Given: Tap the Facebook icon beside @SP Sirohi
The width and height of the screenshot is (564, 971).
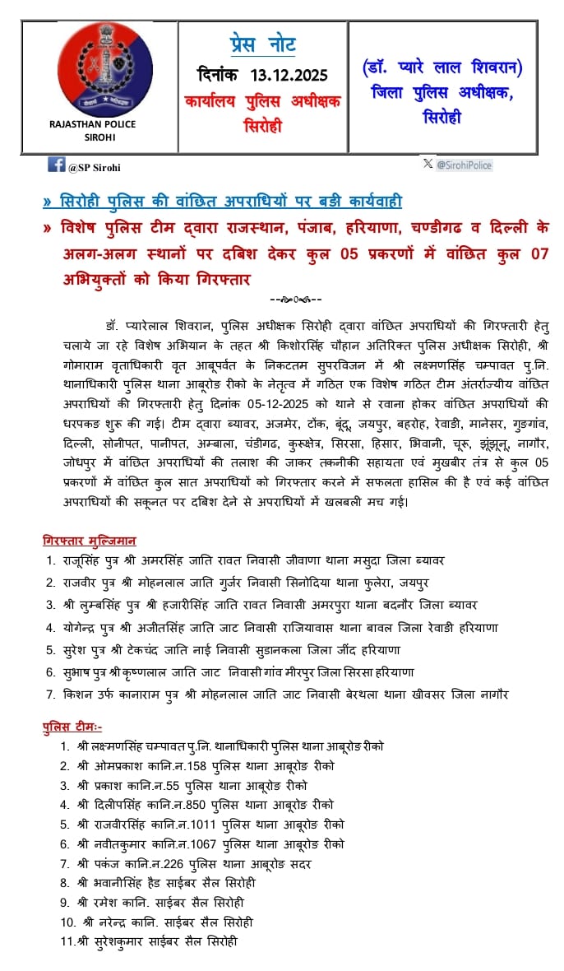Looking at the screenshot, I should [x=56, y=165].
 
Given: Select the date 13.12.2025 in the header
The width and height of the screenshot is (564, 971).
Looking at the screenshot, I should [x=289, y=76].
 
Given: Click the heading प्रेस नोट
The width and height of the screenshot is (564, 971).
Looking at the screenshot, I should [x=262, y=44].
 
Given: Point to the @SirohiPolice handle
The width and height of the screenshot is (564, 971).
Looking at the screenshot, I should [x=464, y=165].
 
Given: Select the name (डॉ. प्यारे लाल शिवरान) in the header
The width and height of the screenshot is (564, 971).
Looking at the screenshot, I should [x=443, y=67].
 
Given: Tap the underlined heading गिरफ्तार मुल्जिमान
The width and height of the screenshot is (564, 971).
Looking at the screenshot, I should [x=90, y=541].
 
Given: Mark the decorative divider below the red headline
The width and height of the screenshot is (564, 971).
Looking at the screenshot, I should [x=295, y=300].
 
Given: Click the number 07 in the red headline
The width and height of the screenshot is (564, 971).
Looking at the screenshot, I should [x=539, y=254].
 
